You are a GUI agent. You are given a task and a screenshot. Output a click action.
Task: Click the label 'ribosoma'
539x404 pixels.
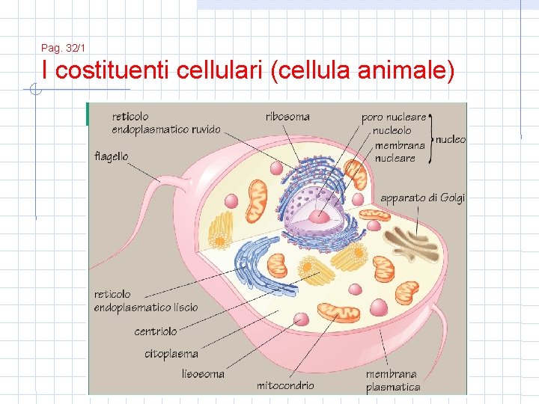coord(287,117)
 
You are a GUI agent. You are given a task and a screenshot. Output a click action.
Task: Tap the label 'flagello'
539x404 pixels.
coord(112,157)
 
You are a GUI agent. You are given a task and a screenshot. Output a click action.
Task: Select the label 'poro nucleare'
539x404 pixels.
coord(393,117)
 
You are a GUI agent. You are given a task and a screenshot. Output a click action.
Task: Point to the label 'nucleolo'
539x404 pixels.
coord(392,131)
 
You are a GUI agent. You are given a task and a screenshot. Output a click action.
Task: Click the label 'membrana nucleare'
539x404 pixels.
coord(399,152)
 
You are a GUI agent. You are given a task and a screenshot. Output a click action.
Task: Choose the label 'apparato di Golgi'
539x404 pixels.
coord(422,198)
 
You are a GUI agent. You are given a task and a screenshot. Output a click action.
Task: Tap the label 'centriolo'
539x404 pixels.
coord(156,331)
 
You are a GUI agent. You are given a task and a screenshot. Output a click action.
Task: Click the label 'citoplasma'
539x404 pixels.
coord(171,354)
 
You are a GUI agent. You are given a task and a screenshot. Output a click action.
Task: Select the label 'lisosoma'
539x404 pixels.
coord(203,373)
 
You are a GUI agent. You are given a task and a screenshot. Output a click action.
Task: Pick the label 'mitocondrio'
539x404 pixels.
coord(285,385)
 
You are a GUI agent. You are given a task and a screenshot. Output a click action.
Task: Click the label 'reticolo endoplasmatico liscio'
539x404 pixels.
coord(146,301)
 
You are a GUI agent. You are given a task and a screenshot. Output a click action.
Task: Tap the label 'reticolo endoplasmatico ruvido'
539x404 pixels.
coord(166,123)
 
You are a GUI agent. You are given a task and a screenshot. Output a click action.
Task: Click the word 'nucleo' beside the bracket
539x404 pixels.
coord(450,139)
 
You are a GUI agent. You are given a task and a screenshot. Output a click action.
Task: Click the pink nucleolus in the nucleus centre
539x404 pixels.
coord(320,216)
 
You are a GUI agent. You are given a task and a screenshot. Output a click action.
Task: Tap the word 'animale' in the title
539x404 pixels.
coord(406,72)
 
